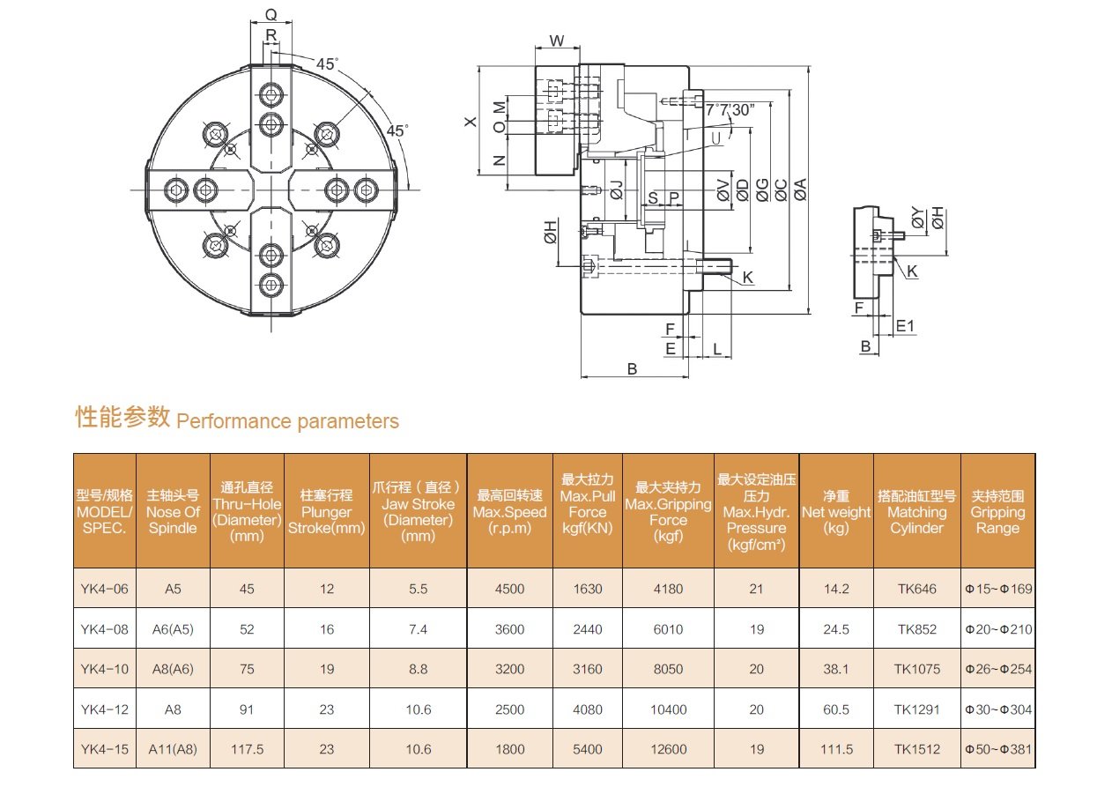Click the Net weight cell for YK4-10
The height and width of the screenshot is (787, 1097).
(835, 669)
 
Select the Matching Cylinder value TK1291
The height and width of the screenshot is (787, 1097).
(916, 709)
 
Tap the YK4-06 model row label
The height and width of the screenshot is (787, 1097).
(104, 589)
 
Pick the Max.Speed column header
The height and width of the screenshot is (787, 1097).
(509, 512)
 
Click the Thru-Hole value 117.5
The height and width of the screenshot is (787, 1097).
(247, 749)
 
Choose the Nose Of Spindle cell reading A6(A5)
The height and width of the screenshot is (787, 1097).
(173, 629)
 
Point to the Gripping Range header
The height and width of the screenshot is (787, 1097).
(997, 512)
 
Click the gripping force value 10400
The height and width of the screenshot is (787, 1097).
(668, 709)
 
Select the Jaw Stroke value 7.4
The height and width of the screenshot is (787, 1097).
(418, 629)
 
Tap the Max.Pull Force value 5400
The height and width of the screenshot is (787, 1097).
(588, 749)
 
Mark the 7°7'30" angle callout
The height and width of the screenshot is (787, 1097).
(730, 110)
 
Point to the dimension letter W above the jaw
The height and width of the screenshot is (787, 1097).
(557, 41)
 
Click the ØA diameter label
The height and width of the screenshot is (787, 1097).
(800, 189)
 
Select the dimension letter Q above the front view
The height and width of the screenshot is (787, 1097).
(271, 15)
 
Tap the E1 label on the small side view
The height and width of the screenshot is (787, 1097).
(905, 326)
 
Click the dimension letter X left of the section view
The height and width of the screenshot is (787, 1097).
(471, 122)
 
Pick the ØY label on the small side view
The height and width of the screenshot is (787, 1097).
(918, 218)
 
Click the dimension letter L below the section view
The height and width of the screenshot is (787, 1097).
(717, 349)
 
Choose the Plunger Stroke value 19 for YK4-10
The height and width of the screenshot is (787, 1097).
(327, 669)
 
